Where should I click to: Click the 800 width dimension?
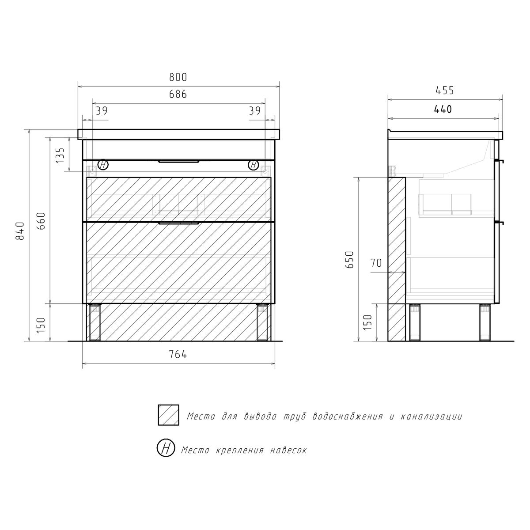(x=178, y=77)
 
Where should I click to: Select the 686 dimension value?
(x=178, y=95)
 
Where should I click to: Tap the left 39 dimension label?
(x=102, y=111)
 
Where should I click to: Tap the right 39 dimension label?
(x=255, y=111)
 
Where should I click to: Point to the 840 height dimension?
(x=20, y=231)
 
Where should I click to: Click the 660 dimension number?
(x=41, y=221)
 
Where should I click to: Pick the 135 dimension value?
(x=60, y=155)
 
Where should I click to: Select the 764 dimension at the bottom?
(x=178, y=355)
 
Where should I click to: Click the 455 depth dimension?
(x=445, y=90)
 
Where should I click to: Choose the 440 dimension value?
(x=443, y=110)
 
